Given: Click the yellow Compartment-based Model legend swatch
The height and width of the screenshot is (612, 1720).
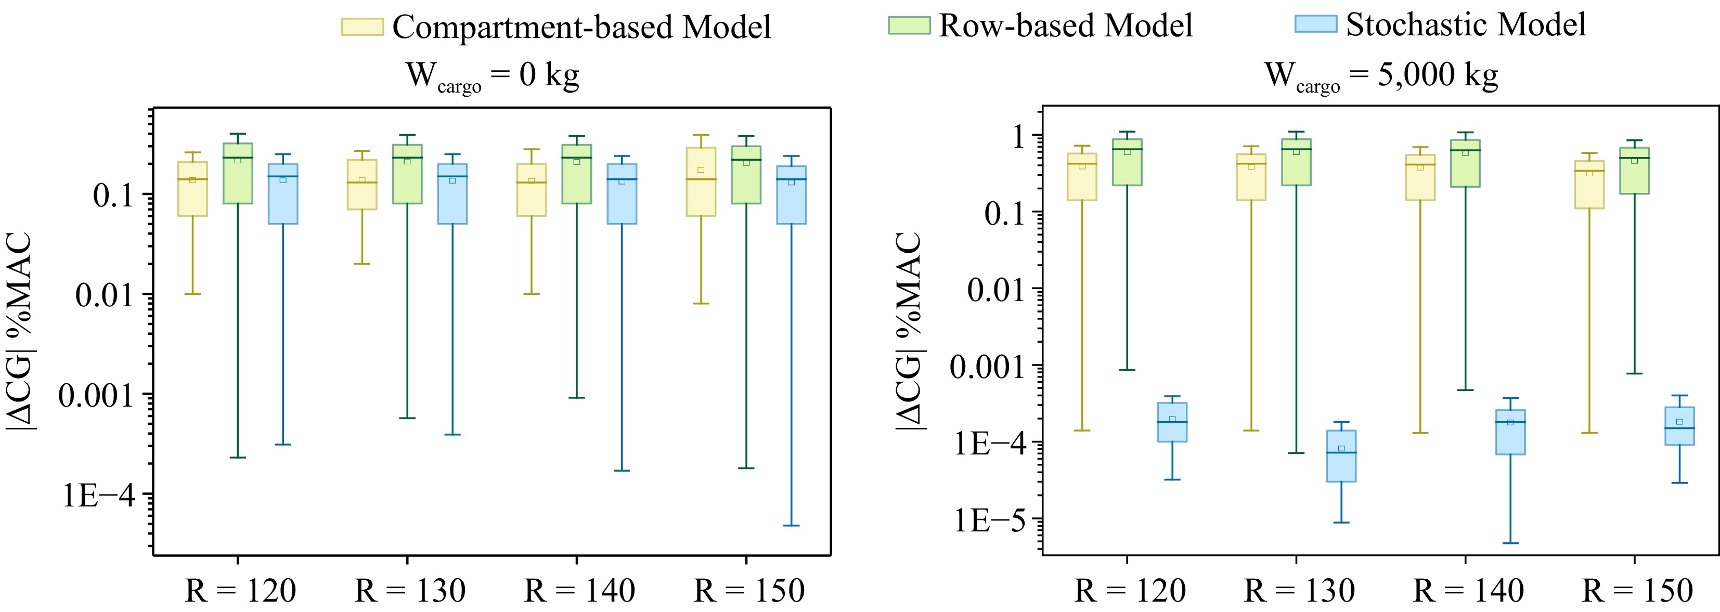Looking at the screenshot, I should click(x=362, y=27).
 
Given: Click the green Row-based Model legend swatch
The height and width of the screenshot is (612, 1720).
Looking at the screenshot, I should click(x=909, y=25).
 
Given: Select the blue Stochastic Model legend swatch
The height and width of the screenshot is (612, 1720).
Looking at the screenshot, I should click(x=1315, y=24).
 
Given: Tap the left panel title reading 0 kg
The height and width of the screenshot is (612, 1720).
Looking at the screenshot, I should click(x=492, y=76).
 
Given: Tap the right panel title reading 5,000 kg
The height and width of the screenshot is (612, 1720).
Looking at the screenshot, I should click(x=1381, y=75).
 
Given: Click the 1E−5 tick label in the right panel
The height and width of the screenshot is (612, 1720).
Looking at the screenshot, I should click(x=989, y=520).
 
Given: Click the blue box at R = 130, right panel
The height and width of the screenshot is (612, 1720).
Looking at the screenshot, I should click(x=1341, y=456).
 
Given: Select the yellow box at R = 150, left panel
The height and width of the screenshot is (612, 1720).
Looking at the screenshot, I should click(x=701, y=181).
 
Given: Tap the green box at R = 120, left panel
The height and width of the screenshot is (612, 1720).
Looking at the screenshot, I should click(x=238, y=174).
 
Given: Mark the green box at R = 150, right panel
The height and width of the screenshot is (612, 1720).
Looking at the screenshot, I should click(x=1635, y=171).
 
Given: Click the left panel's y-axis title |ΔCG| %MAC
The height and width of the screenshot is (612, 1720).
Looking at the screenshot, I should click(x=20, y=330).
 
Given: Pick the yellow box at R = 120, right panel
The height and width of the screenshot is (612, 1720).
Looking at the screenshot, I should click(x=1082, y=177).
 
